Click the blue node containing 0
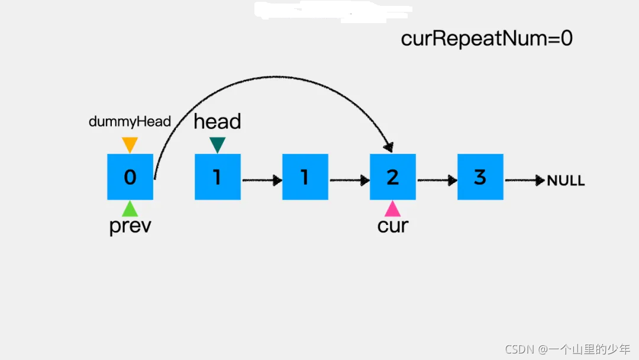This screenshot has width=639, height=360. pos(130,176)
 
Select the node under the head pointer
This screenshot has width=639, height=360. pos(217,176)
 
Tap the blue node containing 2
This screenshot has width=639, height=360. pos(392,176)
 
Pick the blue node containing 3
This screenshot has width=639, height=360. pos(480,176)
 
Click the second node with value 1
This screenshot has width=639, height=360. pos(305,176)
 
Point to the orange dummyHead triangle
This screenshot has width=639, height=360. pos(130,144)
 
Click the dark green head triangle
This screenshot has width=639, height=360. pos(217,144)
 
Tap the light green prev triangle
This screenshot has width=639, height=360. pos(130,208)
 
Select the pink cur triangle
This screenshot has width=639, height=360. pos(392,208)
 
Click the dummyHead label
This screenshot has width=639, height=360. pos(130,122)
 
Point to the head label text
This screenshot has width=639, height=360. pos(217,121)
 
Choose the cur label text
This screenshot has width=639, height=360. pos(393,226)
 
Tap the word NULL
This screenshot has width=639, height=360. pos(566,181)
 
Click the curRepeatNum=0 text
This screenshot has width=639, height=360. pos(486,39)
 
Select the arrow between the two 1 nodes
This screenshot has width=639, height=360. pos(262,180)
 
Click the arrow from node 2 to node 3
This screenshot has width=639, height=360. pos(437,180)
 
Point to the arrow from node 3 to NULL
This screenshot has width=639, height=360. pos(524,180)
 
